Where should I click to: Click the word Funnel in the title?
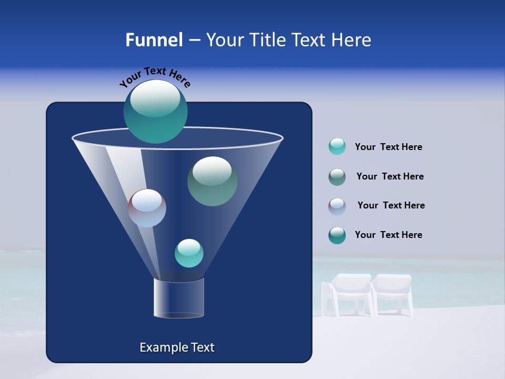tap(154, 40)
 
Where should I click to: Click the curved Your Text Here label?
tap(155, 77)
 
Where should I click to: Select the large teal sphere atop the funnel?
tap(156, 111)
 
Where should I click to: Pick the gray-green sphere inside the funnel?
tap(212, 181)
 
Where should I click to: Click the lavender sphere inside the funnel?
tap(147, 208)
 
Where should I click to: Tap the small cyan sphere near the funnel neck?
tap(189, 253)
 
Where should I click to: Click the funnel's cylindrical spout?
tap(179, 298)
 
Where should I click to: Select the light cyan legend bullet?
tap(337, 147)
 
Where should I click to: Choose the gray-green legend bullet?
tap(337, 177)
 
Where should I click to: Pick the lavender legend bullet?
tap(337, 206)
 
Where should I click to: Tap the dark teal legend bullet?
tap(337, 235)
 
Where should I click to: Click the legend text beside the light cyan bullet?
tap(388, 147)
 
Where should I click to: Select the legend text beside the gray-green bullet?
tap(390, 177)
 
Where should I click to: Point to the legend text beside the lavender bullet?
tap(391, 206)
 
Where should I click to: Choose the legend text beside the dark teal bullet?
tap(388, 235)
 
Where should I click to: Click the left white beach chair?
tap(348, 295)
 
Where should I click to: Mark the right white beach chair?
tap(392, 294)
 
